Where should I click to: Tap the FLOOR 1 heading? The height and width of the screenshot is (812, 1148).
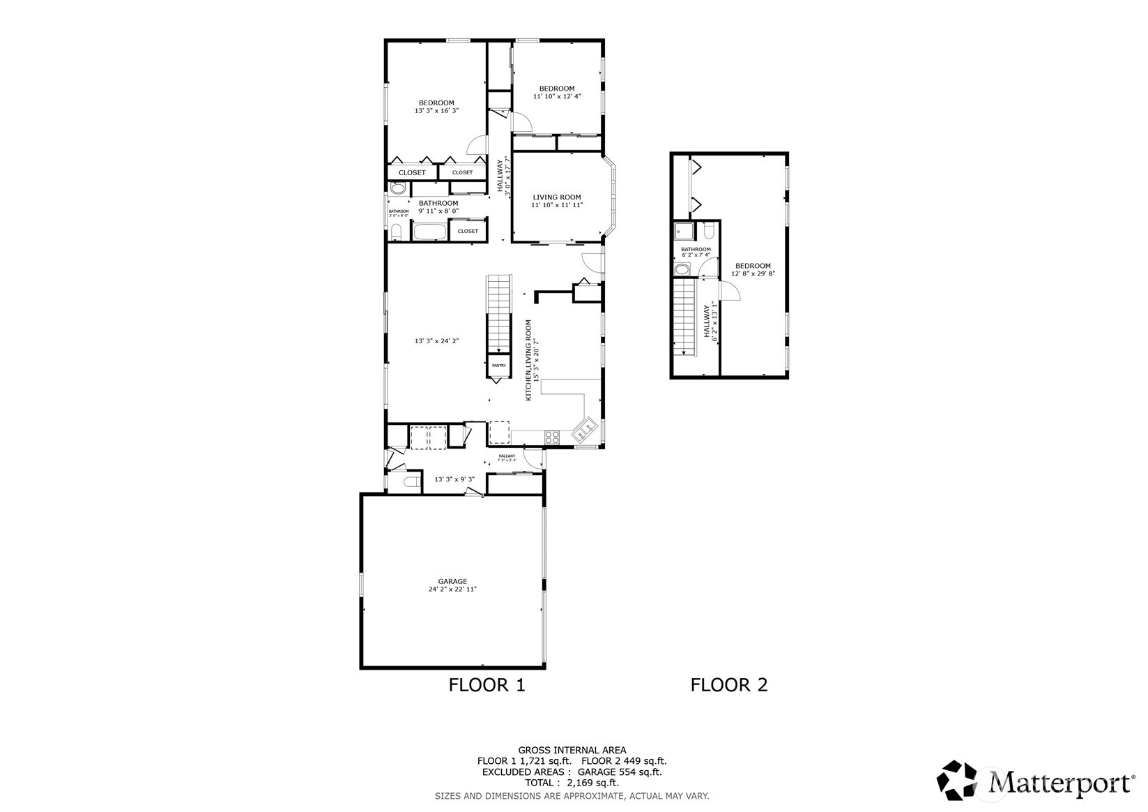[487, 685]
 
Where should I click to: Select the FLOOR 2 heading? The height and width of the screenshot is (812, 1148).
[728, 685]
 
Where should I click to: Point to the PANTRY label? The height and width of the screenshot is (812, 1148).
[499, 366]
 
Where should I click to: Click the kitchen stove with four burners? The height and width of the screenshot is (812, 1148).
[551, 437]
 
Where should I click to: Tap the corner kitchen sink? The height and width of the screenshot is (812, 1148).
[585, 430]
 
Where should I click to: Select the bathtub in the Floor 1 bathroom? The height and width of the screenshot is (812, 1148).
[429, 232]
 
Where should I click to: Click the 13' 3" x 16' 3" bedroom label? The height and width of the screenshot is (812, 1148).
[436, 107]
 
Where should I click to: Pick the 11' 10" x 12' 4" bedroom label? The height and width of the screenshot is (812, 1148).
[557, 92]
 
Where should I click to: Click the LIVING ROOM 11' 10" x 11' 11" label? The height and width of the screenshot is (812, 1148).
[557, 201]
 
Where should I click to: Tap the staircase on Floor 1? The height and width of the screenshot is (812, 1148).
[499, 314]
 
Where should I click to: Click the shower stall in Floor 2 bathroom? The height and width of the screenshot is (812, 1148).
[684, 231]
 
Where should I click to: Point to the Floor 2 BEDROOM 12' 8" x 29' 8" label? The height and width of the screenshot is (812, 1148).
[753, 269]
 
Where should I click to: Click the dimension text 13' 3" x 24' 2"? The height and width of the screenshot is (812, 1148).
[436, 341]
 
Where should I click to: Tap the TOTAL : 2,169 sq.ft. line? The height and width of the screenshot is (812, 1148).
[572, 783]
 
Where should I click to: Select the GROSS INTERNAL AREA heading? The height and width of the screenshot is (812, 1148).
[572, 750]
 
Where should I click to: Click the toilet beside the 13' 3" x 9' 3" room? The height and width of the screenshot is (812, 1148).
[411, 482]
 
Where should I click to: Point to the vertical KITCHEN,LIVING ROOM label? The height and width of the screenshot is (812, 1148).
[533, 360]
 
